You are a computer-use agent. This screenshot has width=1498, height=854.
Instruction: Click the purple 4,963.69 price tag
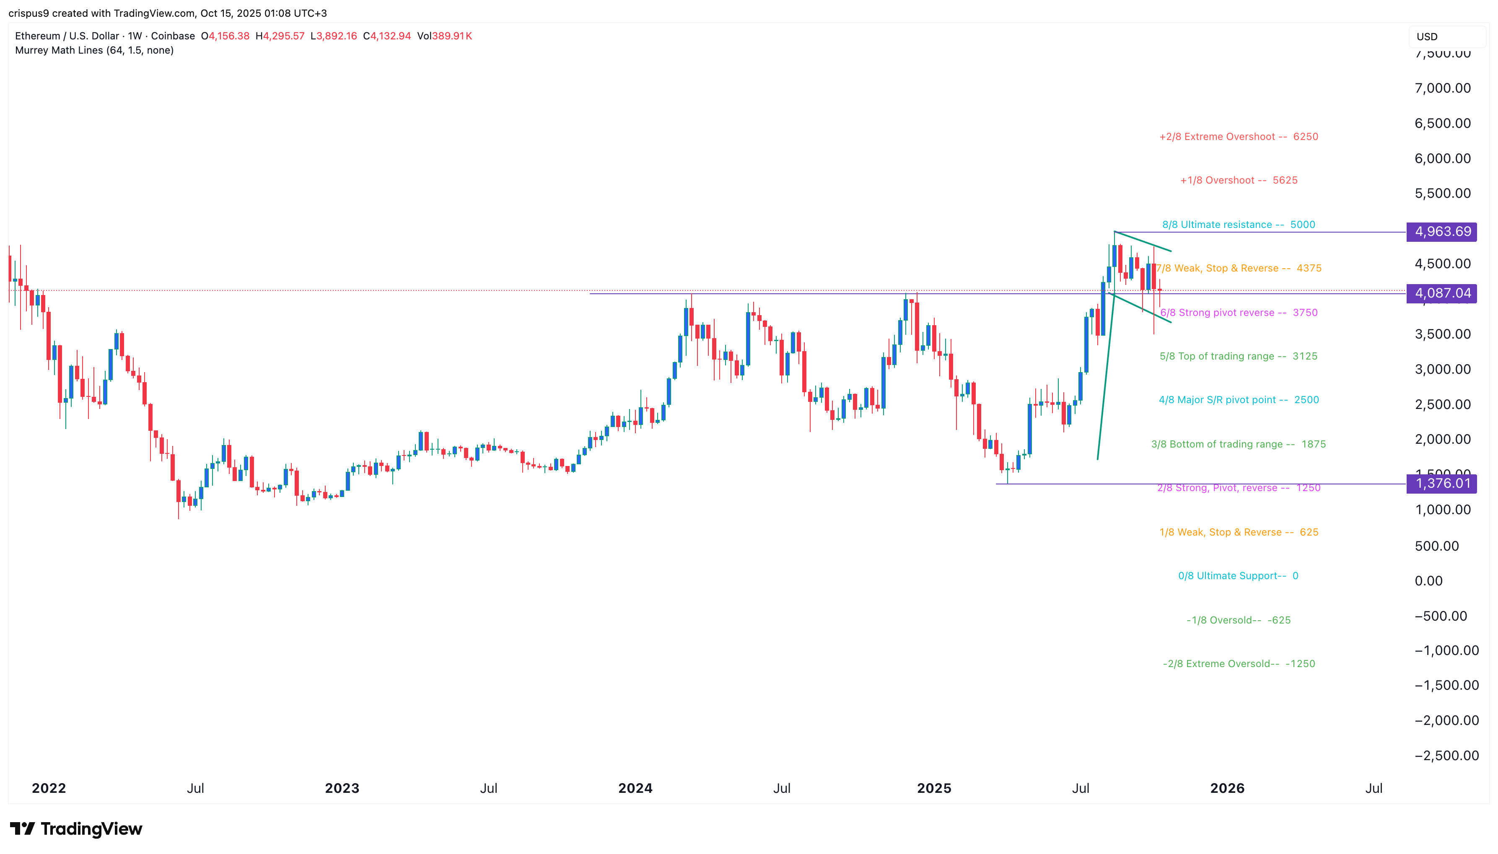pos(1442,232)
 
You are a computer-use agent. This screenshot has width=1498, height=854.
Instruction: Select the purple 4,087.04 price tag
pos(1442,293)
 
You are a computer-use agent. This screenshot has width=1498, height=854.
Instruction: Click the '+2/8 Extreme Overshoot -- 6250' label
pos(1238,137)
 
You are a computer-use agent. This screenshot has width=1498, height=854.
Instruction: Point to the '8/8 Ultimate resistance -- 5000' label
pos(1238,225)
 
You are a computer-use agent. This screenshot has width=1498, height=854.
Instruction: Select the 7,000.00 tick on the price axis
pos(1442,88)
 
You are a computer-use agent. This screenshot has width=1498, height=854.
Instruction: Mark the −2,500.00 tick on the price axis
pos(1446,756)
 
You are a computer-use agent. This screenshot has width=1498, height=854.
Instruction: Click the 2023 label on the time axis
pos(342,788)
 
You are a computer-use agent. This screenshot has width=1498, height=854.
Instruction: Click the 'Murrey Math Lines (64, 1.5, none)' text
pos(94,50)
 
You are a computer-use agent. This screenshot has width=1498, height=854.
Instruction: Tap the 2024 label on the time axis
pos(635,788)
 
